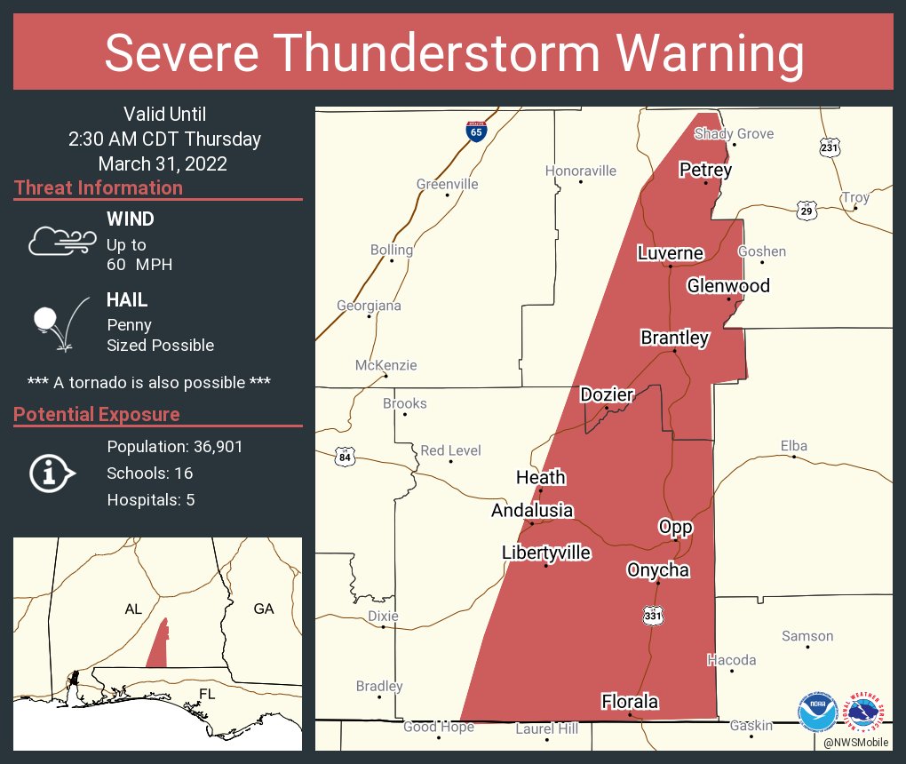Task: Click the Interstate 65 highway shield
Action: click(x=476, y=131)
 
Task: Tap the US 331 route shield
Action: click(x=653, y=615)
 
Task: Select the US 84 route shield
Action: click(x=345, y=458)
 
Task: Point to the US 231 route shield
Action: click(x=829, y=147)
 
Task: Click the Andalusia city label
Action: click(x=532, y=511)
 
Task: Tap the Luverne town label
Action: click(x=670, y=253)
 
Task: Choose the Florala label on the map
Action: click(x=630, y=702)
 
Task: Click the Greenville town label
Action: click(x=447, y=184)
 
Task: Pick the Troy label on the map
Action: click(x=855, y=197)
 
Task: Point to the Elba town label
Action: click(x=793, y=445)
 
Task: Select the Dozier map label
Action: click(x=606, y=394)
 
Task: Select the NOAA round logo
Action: click(x=817, y=712)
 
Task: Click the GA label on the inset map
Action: click(x=264, y=609)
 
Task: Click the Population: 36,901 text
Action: click(x=175, y=446)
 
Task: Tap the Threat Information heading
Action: click(x=99, y=188)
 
